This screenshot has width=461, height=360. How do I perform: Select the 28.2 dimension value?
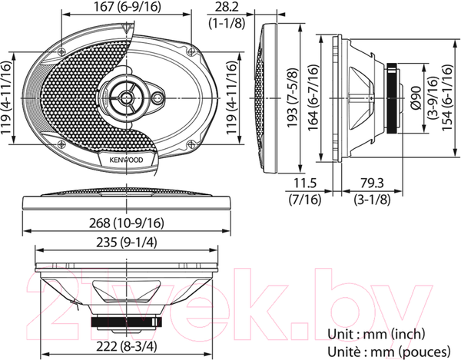tap(227, 7)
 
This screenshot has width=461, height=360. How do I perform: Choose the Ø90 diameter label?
tap(416, 96)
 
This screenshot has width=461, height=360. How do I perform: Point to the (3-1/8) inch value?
tap(374, 200)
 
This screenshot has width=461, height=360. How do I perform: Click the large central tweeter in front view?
tap(125, 98)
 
